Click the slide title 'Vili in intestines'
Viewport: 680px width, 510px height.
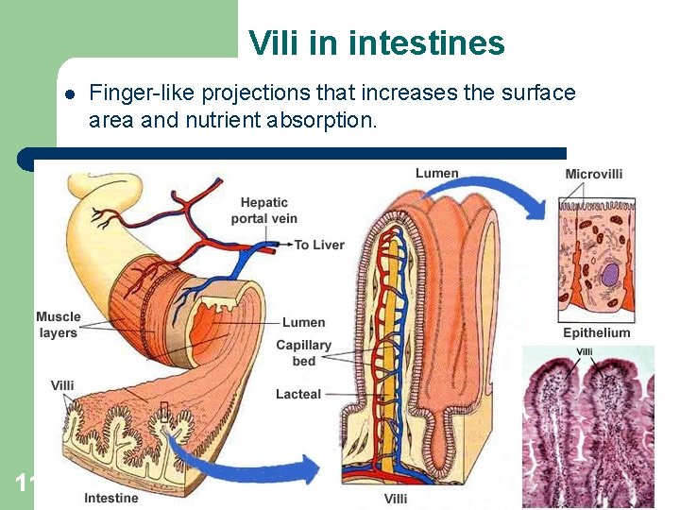pyautogui.click(x=376, y=43)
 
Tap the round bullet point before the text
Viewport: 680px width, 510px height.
pyautogui.click(x=69, y=93)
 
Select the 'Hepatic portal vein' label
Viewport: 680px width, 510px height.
pyautogui.click(x=264, y=210)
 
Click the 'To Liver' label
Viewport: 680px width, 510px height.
pyautogui.click(x=319, y=245)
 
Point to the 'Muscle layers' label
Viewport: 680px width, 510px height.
pyautogui.click(x=59, y=324)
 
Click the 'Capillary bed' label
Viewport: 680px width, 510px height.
pyautogui.click(x=303, y=353)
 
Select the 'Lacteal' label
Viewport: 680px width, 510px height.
pyautogui.click(x=298, y=394)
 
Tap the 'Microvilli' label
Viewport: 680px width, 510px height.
pyautogui.click(x=593, y=174)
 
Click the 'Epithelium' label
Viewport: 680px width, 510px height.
pyautogui.click(x=596, y=332)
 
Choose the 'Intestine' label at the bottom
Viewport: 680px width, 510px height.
pyautogui.click(x=110, y=498)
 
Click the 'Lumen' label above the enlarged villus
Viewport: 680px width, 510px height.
pyautogui.click(x=436, y=173)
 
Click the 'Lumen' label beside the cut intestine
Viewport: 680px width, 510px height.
pyautogui.click(x=303, y=322)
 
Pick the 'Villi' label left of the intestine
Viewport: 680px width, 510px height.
pyautogui.click(x=62, y=385)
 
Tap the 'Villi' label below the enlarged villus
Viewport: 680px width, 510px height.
pyautogui.click(x=396, y=498)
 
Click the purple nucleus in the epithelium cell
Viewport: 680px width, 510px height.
pyautogui.click(x=610, y=275)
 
